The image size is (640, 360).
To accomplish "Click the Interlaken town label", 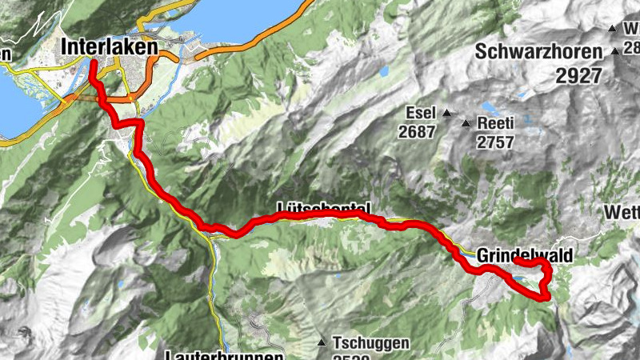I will (110, 48).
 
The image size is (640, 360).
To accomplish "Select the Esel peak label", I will (418, 112).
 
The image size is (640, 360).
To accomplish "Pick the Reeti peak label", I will (494, 124).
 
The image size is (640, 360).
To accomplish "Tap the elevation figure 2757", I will (495, 142).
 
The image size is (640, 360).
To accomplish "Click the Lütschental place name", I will (323, 208).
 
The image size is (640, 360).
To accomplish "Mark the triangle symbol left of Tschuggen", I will (322, 342).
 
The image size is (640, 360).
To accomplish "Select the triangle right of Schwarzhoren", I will (614, 52).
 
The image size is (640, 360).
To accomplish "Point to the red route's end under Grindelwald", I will (516, 261).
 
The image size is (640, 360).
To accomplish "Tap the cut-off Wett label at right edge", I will (623, 213).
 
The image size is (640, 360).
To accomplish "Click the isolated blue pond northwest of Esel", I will (385, 71).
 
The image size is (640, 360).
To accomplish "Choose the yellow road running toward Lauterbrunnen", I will (216, 296).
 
